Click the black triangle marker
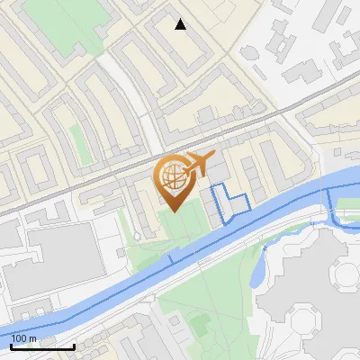pos(181,24)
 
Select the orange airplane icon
pos(200,164)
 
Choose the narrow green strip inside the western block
pos(73,139)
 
